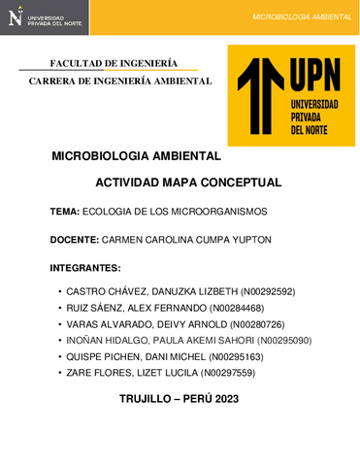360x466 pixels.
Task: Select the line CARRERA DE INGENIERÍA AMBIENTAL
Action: (120, 81)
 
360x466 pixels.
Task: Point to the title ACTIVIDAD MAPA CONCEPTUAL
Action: (188, 182)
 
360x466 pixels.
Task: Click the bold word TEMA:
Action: (65, 211)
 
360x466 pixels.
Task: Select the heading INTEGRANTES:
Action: (84, 267)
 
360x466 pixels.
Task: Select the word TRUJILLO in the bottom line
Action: (147, 399)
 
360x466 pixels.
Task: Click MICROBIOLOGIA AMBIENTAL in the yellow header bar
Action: (302, 17)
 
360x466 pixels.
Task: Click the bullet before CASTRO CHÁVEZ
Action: (60, 291)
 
